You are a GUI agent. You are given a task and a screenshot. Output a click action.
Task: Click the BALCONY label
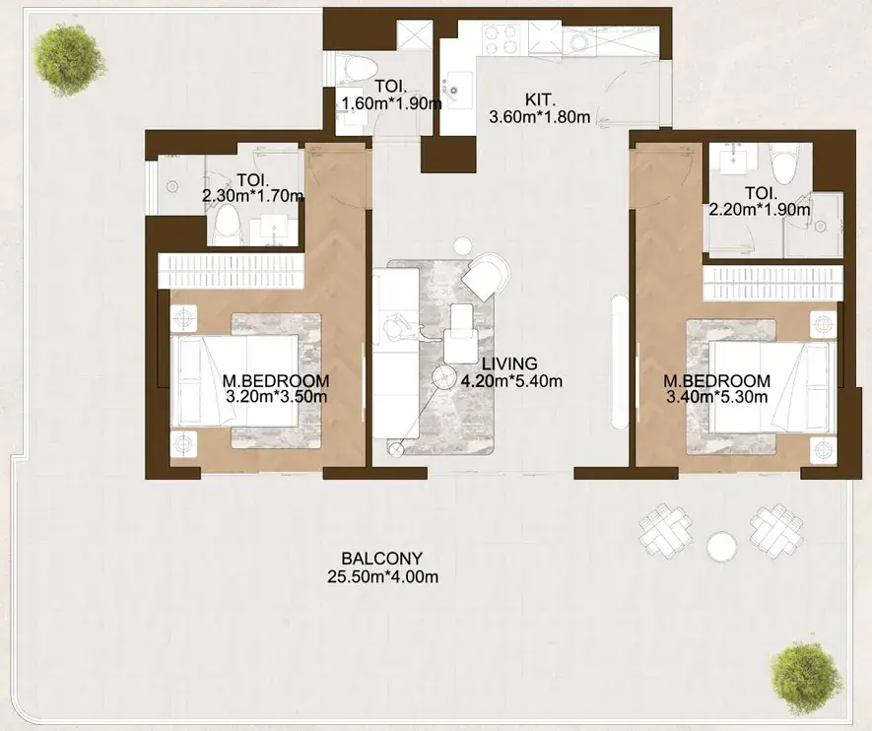pos(382,558)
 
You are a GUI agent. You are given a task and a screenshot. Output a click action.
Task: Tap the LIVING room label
pos(509,364)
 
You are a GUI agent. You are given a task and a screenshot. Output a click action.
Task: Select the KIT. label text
pos(540,100)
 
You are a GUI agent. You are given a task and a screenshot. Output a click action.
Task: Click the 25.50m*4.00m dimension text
pos(382,577)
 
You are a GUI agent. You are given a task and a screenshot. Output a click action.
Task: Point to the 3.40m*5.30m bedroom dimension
pos(717,397)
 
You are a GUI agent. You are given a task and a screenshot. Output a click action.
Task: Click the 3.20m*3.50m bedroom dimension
pos(277,397)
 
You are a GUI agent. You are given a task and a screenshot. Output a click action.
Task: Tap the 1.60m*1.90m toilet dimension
pos(391,103)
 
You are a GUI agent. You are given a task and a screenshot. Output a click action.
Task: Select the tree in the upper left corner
pos(69,61)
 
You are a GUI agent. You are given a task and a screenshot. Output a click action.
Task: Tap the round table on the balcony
pos(722,547)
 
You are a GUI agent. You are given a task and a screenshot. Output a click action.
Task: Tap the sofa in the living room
pos(395,353)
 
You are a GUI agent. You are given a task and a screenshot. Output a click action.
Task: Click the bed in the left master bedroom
pos(235,381)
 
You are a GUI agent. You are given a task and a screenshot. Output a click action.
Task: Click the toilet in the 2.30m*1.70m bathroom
pos(227,223)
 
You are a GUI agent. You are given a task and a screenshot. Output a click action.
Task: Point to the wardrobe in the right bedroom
pos(772,283)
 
